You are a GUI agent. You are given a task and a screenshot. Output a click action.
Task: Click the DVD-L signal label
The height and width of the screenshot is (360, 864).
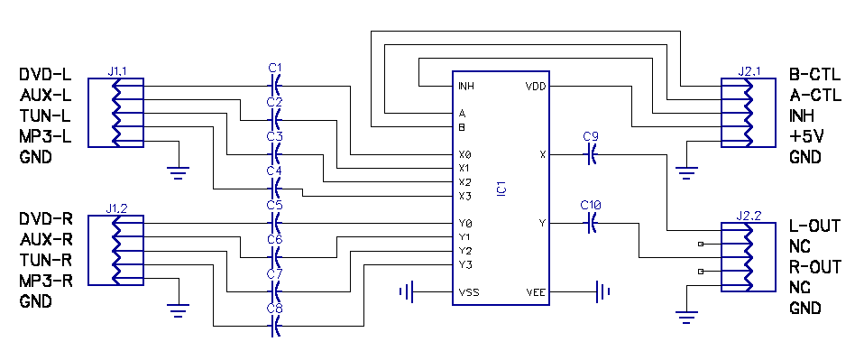tap(46, 75)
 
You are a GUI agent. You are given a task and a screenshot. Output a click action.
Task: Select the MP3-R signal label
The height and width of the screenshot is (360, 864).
tap(46, 280)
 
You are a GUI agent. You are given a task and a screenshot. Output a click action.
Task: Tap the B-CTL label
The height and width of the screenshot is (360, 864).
tap(815, 75)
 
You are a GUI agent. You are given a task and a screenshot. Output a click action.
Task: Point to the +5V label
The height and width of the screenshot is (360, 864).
tap(805, 136)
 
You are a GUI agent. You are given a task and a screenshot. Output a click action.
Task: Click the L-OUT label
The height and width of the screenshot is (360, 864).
tap(815, 226)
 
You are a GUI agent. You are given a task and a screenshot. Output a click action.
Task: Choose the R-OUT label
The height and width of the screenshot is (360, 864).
tap(815, 267)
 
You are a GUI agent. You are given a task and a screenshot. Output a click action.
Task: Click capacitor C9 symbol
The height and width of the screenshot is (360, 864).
tap(591, 155)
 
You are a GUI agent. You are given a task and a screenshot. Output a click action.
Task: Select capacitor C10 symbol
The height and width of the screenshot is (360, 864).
tap(591, 223)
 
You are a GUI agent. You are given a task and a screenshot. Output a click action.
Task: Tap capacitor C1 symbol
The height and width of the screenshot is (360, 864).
tap(275, 86)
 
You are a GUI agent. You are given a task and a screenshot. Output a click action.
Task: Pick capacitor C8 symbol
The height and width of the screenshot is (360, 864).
tap(275, 327)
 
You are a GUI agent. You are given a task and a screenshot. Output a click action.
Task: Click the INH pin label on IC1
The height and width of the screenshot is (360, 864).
tap(465, 87)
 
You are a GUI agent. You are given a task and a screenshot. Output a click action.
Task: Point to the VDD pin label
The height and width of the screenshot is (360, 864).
tap(535, 87)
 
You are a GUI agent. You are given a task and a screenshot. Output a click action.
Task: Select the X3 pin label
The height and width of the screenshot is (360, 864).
tap(464, 196)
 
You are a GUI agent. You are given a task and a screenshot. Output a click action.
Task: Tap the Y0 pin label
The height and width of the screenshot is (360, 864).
tap(464, 224)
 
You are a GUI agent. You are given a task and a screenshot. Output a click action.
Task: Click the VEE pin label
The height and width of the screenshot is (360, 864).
tap(535, 292)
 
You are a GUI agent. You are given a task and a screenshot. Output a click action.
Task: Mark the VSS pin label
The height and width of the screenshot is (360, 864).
tap(468, 292)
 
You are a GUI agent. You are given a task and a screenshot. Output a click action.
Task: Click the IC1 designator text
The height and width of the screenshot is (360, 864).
tap(501, 189)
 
